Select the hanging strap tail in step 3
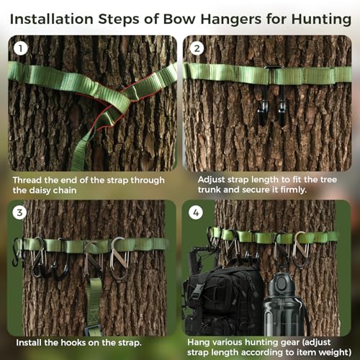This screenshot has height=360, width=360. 94,302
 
